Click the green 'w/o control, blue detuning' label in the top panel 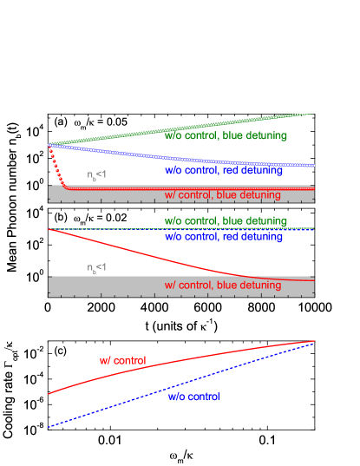tap(226, 135)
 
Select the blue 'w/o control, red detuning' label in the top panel tap(224, 171)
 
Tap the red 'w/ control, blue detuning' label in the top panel tap(223, 196)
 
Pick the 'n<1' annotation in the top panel tap(96, 176)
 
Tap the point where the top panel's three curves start tap(49, 145)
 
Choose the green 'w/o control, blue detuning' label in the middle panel tap(226, 221)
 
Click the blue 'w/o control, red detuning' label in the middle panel tap(224, 237)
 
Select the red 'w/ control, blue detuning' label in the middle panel tap(223, 286)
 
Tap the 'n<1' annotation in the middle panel tap(96, 268)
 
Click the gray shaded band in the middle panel tap(113, 286)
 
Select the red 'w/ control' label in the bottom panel tap(122, 360)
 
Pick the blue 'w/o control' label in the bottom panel tap(194, 397)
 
